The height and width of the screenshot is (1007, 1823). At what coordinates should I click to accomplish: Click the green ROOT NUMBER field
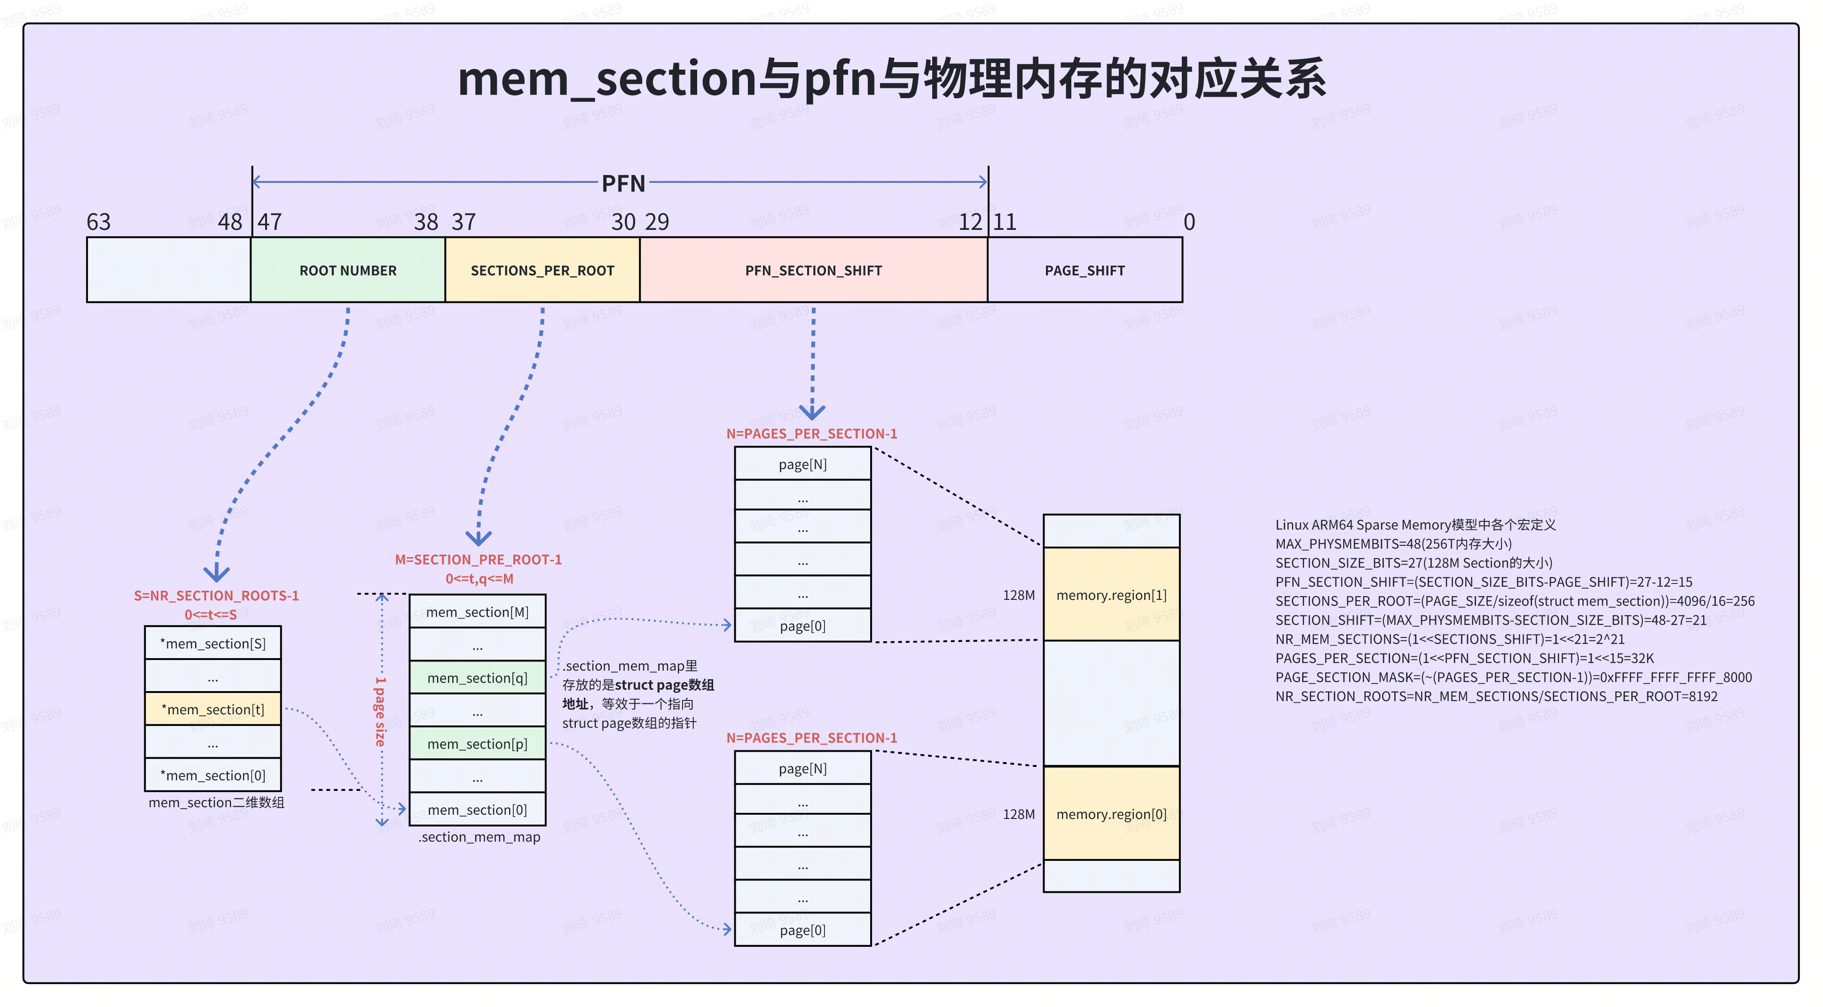point(347,270)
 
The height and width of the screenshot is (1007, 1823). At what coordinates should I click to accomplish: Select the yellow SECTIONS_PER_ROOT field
point(542,270)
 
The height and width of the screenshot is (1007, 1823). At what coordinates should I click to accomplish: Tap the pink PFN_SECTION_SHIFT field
point(813,270)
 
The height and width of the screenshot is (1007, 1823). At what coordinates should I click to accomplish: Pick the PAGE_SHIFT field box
point(1084,270)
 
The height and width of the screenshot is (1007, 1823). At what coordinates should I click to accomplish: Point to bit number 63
point(98,222)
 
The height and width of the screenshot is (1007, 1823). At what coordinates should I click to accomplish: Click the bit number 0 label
point(1189,222)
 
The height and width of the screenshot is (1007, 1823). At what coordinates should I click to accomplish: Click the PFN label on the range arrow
point(623,183)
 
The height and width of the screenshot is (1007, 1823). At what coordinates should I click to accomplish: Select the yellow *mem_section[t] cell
point(213,709)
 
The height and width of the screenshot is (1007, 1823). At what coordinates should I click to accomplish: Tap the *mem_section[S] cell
point(213,643)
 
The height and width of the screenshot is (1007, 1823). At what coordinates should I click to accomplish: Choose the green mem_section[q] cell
point(478,678)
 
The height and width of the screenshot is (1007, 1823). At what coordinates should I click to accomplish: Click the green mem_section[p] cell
point(478,744)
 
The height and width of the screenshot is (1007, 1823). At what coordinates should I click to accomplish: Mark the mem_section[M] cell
point(478,612)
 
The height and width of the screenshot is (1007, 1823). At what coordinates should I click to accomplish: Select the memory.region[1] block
point(1111,595)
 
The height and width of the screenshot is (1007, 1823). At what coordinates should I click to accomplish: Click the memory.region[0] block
point(1111,814)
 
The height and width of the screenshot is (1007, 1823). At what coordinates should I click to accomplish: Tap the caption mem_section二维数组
point(216,802)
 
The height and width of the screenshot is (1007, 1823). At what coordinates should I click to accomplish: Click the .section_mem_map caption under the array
point(479,837)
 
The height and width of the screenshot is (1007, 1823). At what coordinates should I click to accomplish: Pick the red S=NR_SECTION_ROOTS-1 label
point(216,596)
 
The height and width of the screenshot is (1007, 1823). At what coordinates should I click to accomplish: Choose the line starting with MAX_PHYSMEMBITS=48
point(1393,543)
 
